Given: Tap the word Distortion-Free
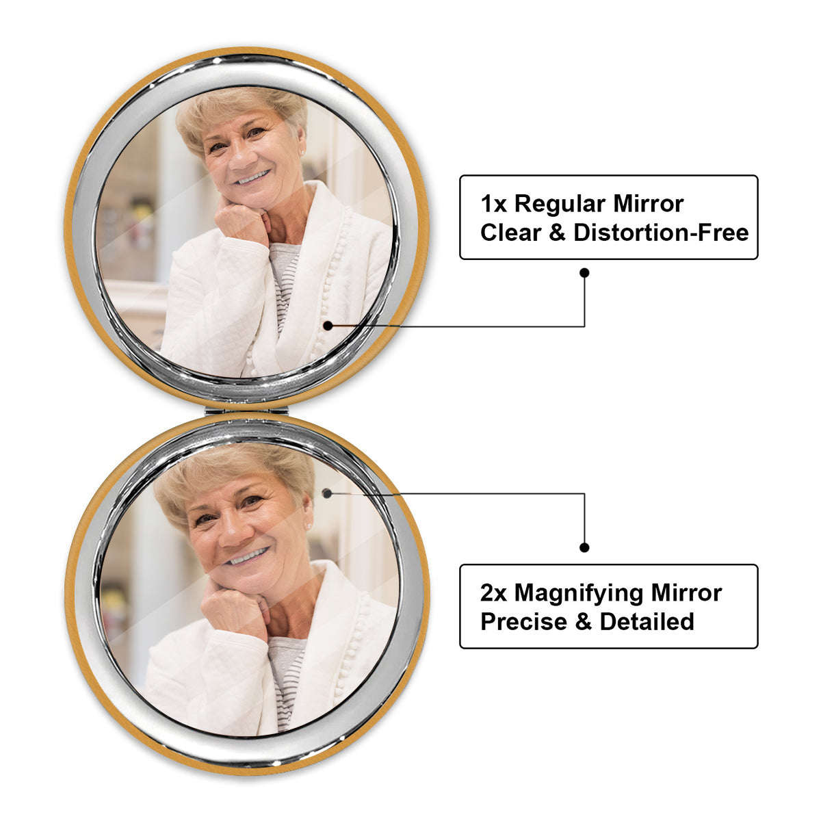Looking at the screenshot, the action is (661, 233).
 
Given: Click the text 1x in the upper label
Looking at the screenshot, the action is (493, 204).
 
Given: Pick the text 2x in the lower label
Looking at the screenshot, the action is (493, 593).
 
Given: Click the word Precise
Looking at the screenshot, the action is (523, 622).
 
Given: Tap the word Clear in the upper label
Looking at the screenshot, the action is (510, 233).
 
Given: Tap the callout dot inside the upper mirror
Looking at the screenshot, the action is (328, 326).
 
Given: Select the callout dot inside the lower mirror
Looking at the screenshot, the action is (327, 494).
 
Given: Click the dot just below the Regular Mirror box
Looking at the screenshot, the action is (584, 273).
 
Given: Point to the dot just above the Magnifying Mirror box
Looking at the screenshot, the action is (584, 547).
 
